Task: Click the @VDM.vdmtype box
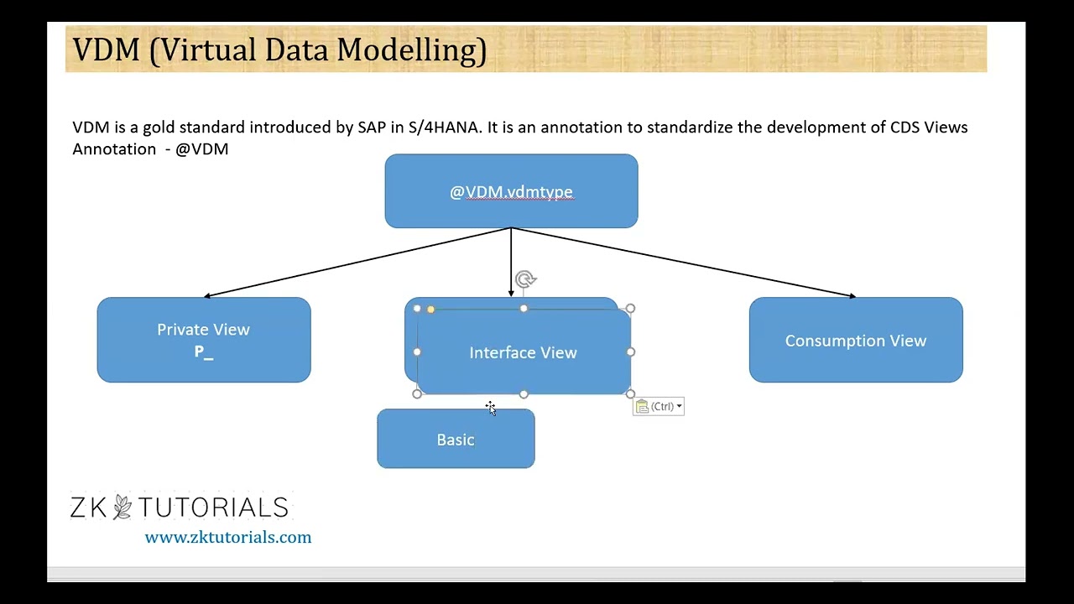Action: pos(511,191)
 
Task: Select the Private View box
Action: pos(203,340)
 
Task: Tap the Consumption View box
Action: pos(855,340)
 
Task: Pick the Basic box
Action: pos(456,440)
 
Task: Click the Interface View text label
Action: pos(523,353)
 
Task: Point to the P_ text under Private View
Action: pos(204,352)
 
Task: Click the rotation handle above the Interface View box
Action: pos(525,279)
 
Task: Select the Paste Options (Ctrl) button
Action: pos(659,407)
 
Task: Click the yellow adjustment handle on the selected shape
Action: pos(430,310)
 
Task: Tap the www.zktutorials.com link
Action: pos(227,538)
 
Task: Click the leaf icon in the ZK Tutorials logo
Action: pos(123,507)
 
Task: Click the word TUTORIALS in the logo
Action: pos(213,508)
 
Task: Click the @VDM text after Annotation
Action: pos(201,149)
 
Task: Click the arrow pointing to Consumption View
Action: pos(684,262)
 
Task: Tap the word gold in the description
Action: pos(158,128)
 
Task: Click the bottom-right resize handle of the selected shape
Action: pos(630,393)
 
